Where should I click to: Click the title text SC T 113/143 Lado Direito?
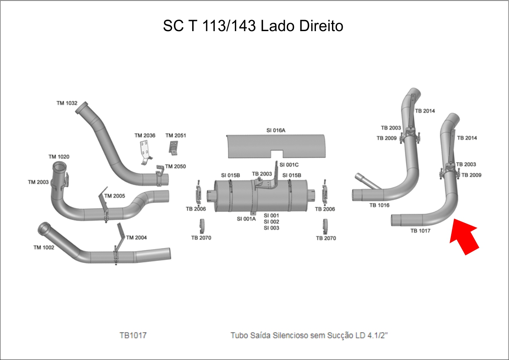coord(253,26)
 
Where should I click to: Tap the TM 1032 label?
coord(67,103)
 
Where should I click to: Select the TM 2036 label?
coord(145,136)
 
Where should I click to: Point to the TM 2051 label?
coord(175,136)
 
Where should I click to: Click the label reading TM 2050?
coord(175,166)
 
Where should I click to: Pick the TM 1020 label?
coord(59,156)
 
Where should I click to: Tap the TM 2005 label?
coord(114,196)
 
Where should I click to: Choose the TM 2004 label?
coord(136,238)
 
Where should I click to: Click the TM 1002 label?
coord(43,247)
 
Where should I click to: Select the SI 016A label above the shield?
coord(275,130)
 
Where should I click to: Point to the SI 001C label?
coord(289,165)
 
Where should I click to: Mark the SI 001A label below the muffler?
coord(246,219)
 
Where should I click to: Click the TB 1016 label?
coord(379,205)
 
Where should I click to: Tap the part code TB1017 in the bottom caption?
coord(133,335)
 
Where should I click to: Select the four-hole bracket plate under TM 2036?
coord(145,151)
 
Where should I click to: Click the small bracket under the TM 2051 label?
coord(174,147)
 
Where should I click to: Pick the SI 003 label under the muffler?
coord(271,228)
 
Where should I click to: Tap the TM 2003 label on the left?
coord(38,182)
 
